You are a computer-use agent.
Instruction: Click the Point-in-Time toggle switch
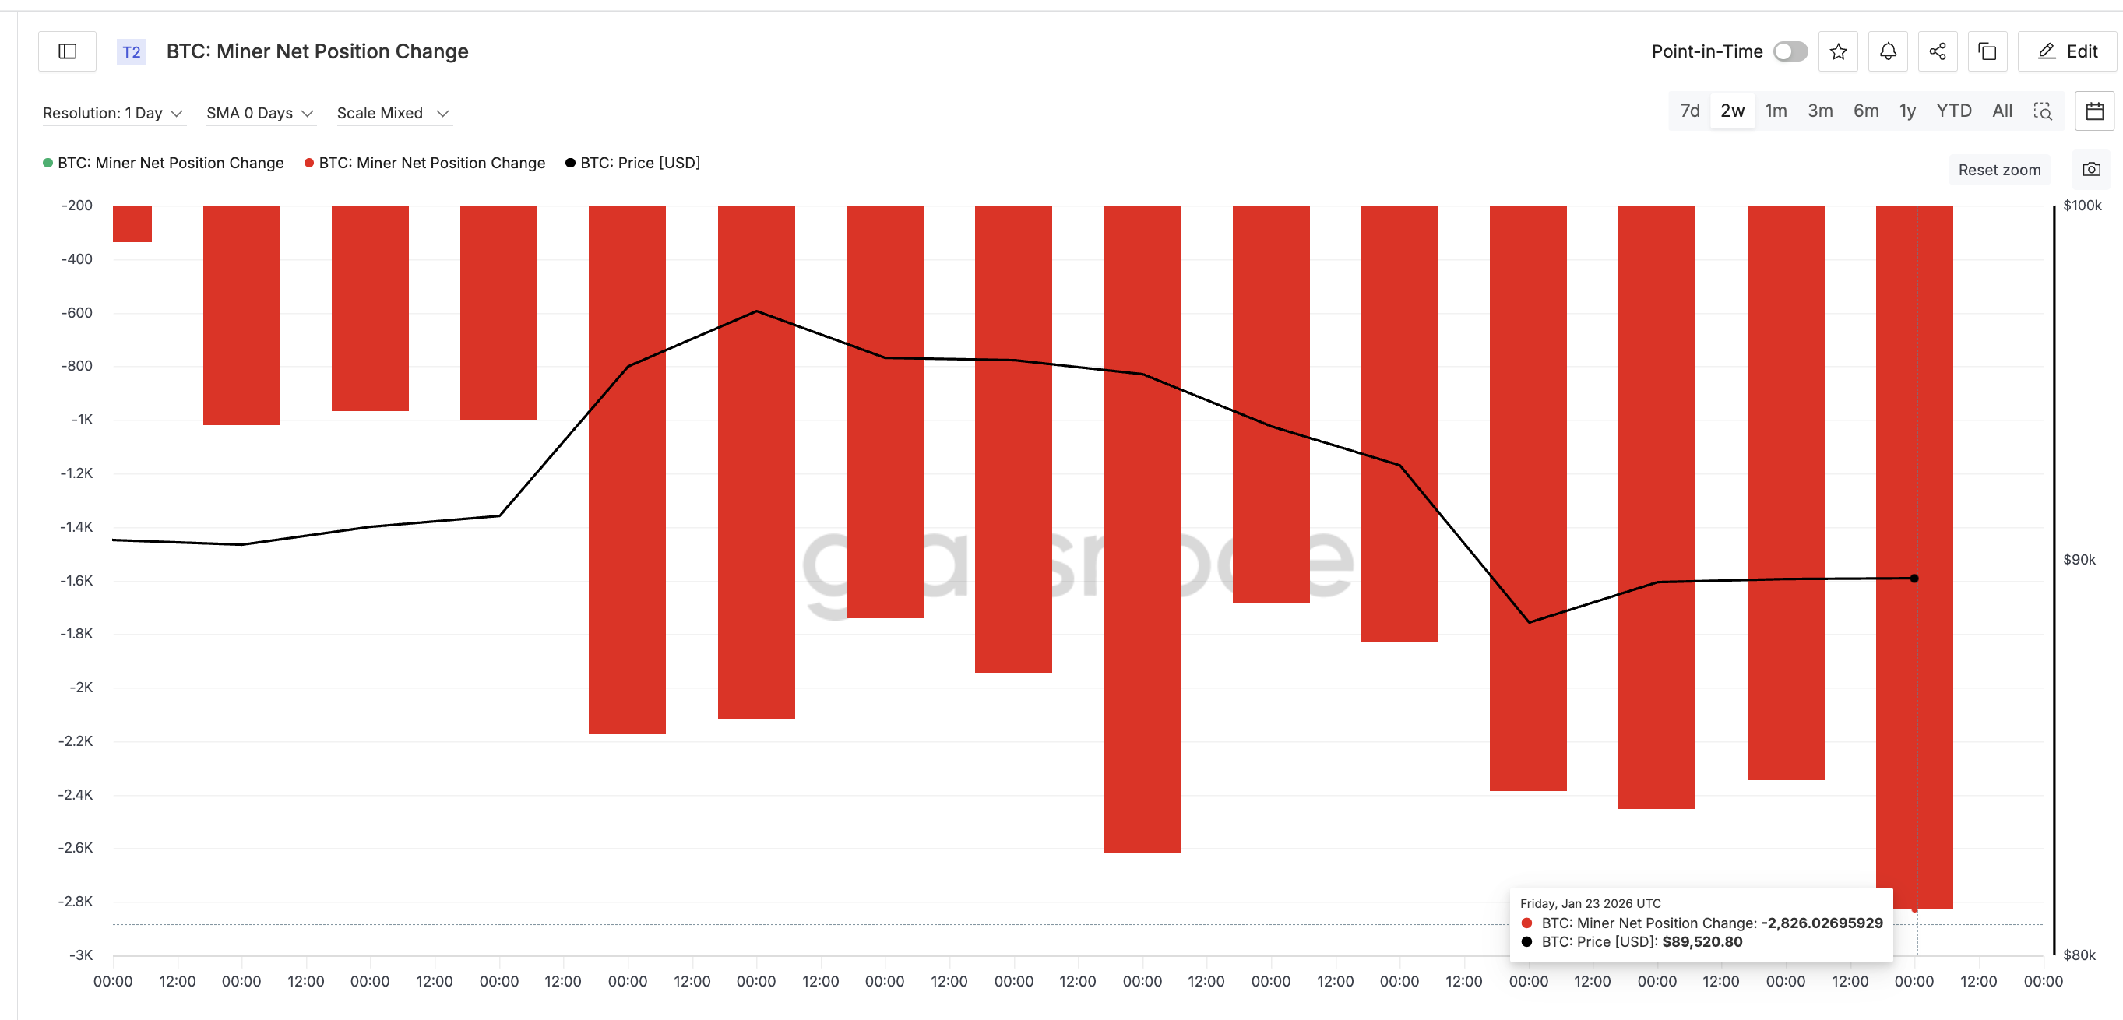pos(1790,52)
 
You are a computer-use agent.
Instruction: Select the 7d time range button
pos(1689,111)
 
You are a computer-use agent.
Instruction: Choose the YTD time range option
pos(1953,111)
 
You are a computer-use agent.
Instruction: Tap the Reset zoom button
pos(1998,170)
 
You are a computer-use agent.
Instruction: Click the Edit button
pos(2068,52)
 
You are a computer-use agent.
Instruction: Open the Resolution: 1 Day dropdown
pos(112,113)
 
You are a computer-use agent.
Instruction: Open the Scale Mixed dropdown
pos(393,113)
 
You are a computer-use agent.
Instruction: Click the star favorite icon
pos(1838,52)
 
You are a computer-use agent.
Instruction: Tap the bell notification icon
pos(1887,52)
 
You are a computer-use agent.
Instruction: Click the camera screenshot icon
pos(2091,170)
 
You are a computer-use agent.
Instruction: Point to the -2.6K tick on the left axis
pos(76,848)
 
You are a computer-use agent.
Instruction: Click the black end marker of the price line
pos(1914,579)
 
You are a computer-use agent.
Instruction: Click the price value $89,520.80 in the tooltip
pos(1702,941)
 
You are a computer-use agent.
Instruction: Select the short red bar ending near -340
pos(132,224)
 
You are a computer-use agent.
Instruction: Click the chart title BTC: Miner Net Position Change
pos(317,52)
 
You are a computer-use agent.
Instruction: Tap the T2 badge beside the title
pos(131,52)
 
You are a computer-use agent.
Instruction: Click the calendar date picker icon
pos(2094,111)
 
